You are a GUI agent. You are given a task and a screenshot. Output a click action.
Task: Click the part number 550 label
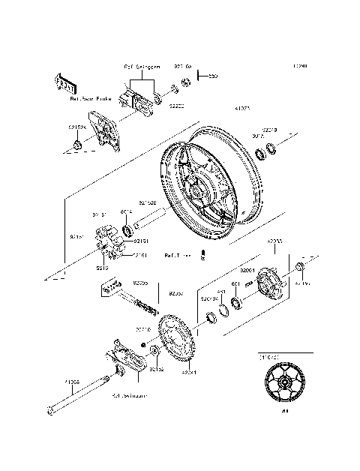tap(213, 76)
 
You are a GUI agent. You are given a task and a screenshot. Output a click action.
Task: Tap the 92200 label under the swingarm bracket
tap(175, 107)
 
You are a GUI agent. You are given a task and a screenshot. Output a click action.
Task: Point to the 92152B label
tap(168, 202)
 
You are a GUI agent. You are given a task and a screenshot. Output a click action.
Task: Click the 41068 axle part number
tap(71, 382)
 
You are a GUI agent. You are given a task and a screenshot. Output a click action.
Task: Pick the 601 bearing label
tap(235, 283)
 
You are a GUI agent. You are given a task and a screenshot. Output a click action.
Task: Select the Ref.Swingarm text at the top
tap(142, 67)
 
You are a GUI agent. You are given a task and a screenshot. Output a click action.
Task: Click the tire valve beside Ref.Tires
tap(202, 256)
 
